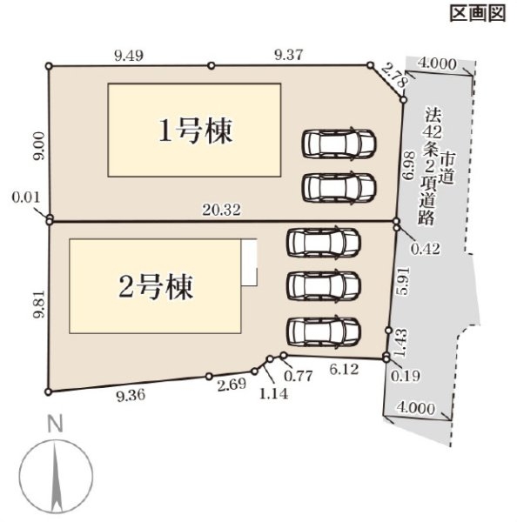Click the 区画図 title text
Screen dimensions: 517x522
(478, 14)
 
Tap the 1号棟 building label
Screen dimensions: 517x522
(195, 130)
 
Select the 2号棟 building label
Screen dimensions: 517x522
(156, 286)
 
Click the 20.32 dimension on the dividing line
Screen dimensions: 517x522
(222, 211)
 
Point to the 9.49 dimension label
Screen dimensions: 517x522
(129, 56)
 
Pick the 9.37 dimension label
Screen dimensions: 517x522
(289, 55)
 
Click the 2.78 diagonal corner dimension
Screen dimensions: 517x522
(394, 75)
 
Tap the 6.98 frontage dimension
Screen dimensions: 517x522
(409, 166)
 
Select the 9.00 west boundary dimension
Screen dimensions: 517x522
(39, 146)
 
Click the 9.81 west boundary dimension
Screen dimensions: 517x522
(39, 304)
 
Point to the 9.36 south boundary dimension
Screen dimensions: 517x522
(131, 395)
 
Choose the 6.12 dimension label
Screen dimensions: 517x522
(344, 369)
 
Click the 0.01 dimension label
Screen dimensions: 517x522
(26, 197)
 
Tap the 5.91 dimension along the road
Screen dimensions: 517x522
(402, 280)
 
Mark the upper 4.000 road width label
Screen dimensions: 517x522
(437, 64)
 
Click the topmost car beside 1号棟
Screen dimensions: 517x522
(339, 144)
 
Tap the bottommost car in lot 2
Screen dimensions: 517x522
(324, 332)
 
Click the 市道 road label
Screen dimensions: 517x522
(447, 169)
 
